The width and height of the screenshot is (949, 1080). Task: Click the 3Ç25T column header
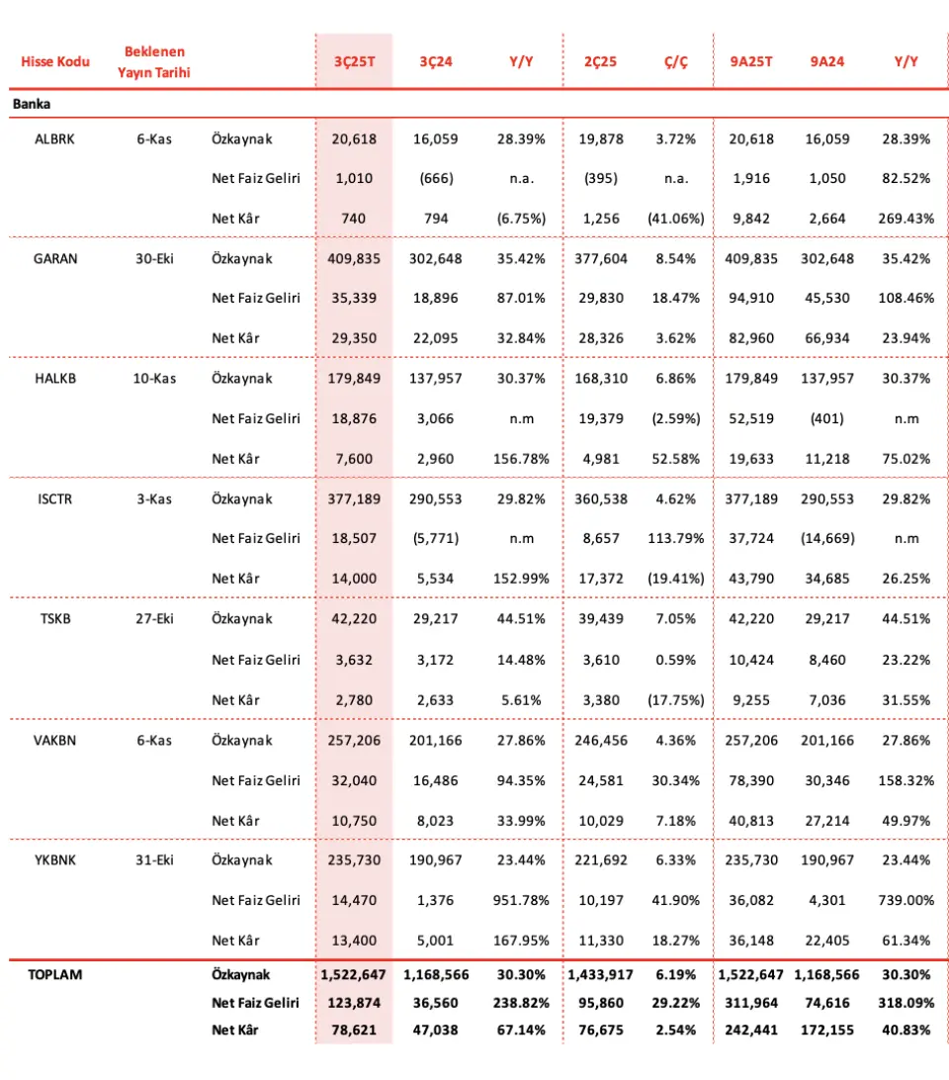click(x=353, y=61)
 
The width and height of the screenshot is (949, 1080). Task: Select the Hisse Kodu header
click(x=55, y=61)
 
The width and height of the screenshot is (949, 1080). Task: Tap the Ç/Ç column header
click(x=675, y=61)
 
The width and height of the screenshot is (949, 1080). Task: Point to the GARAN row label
click(x=55, y=259)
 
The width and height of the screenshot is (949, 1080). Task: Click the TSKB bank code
click(x=55, y=619)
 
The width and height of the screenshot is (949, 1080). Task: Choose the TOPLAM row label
click(x=55, y=974)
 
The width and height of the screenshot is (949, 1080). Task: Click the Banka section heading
click(x=32, y=103)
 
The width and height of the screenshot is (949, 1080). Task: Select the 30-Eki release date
click(x=154, y=259)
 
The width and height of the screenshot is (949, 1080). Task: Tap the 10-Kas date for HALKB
click(x=154, y=379)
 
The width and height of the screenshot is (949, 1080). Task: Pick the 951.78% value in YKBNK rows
click(x=521, y=900)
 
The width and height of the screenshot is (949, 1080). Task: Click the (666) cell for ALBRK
click(x=436, y=179)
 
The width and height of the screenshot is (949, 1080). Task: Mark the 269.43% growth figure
click(x=906, y=219)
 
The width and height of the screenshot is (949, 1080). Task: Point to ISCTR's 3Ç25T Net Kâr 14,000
click(x=353, y=579)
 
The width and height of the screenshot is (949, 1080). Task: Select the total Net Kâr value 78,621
click(x=353, y=1030)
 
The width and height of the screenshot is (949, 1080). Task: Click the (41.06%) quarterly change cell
click(x=675, y=219)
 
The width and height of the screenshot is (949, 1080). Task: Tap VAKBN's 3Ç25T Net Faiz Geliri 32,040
click(x=353, y=780)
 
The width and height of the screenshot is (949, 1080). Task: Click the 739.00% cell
click(x=906, y=900)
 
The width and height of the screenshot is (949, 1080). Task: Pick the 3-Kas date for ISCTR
click(x=154, y=499)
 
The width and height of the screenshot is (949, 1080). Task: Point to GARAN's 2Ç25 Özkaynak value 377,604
click(x=601, y=259)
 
